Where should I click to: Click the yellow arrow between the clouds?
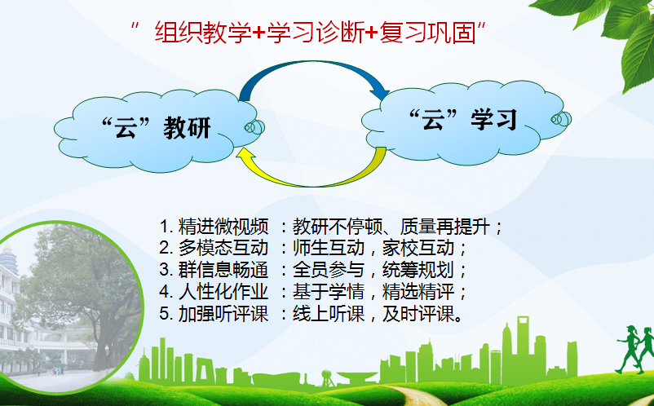click(313, 183)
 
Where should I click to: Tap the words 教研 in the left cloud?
click(188, 128)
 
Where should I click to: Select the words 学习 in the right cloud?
click(494, 120)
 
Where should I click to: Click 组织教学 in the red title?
click(203, 33)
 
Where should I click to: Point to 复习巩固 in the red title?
click(428, 33)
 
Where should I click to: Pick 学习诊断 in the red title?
click(316, 33)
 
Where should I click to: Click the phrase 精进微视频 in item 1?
click(223, 227)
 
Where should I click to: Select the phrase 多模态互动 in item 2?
click(223, 249)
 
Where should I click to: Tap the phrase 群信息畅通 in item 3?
click(223, 270)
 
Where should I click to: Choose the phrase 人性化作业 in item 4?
click(223, 292)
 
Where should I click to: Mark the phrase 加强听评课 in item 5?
click(223, 313)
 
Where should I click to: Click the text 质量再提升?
click(444, 227)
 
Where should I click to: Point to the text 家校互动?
click(418, 249)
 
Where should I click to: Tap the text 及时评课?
click(418, 313)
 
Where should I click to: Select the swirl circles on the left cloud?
click(254, 127)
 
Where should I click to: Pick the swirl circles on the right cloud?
click(561, 119)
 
